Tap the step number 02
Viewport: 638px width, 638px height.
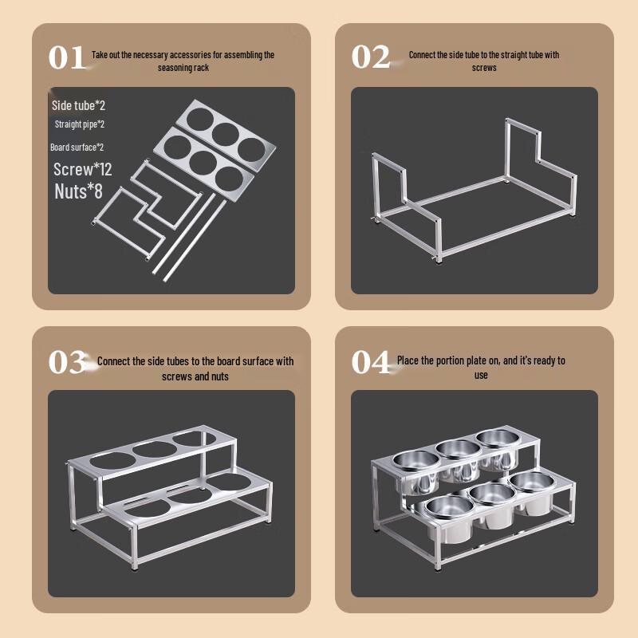tap(370, 58)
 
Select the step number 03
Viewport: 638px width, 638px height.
tap(67, 363)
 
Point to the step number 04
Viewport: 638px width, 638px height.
tap(371, 363)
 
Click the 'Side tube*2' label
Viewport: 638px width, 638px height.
tap(78, 105)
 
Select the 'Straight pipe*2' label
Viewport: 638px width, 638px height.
tap(80, 124)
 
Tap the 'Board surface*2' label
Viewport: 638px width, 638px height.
tap(77, 148)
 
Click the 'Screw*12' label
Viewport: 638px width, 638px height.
tap(82, 170)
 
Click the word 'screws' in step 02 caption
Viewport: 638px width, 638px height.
tap(484, 68)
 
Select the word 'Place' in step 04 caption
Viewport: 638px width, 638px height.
tap(409, 361)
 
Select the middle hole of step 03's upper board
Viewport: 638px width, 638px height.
tap(152, 450)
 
